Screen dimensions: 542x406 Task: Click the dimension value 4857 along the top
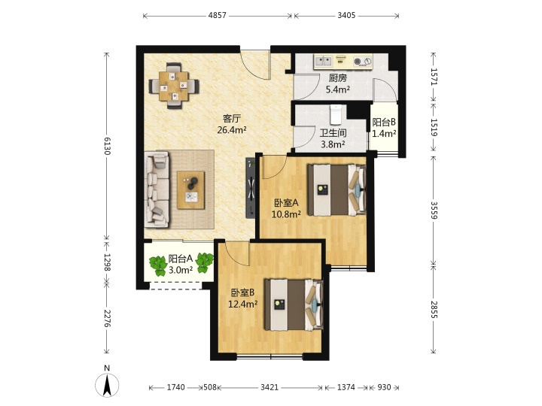click(217, 16)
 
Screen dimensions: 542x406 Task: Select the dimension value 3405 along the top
click(346, 16)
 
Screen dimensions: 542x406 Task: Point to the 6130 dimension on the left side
click(107, 146)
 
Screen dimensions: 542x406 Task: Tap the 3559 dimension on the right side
click(434, 210)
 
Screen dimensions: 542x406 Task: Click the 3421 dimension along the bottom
click(269, 387)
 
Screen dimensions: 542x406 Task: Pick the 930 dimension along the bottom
click(384, 387)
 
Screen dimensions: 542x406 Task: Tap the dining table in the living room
click(174, 86)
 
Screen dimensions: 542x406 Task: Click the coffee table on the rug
click(190, 190)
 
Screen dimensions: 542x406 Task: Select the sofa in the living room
click(157, 189)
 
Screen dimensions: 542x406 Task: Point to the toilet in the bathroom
click(336, 114)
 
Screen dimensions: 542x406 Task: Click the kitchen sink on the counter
click(323, 62)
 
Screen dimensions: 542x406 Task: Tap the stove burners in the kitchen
click(363, 62)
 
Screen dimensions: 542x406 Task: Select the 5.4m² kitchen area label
click(338, 89)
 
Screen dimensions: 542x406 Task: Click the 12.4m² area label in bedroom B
click(243, 304)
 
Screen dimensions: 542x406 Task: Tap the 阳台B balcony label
click(384, 123)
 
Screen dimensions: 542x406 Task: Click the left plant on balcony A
click(158, 265)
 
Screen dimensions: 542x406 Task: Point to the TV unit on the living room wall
click(251, 187)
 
